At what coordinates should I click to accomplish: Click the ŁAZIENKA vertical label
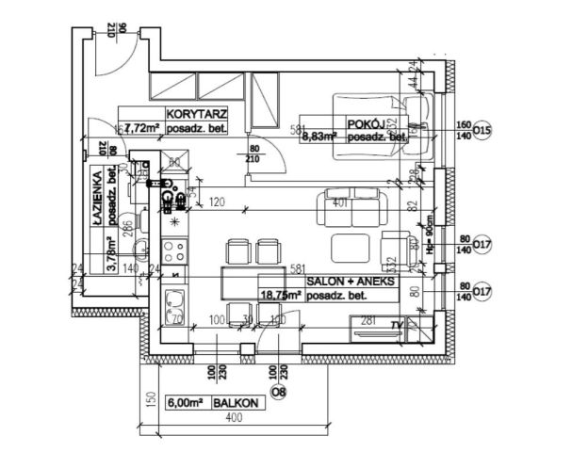97,197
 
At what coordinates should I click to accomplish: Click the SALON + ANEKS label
351,282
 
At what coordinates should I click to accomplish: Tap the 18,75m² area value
282,295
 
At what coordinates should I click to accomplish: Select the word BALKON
235,403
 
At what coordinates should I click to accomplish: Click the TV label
395,326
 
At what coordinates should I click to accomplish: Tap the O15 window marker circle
482,130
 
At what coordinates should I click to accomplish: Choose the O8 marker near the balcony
278,391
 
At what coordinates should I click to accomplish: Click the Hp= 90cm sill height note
429,246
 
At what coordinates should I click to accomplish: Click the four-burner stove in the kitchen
174,251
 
